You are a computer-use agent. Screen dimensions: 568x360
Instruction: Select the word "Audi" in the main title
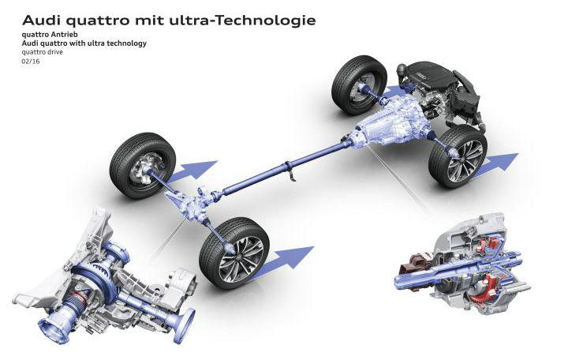[x=40, y=21]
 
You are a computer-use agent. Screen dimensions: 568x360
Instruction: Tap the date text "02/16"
[x=31, y=62]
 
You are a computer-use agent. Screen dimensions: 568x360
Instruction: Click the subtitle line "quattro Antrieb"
[x=50, y=35]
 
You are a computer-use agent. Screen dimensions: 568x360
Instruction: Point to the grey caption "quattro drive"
[x=43, y=52]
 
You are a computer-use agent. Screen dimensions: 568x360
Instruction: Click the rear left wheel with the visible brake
[x=143, y=165]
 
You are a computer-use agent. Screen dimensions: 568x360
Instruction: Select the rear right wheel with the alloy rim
[x=234, y=253]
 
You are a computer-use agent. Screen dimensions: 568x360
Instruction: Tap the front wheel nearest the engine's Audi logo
[x=359, y=84]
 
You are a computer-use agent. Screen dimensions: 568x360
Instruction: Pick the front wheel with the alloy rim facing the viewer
[x=458, y=156]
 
